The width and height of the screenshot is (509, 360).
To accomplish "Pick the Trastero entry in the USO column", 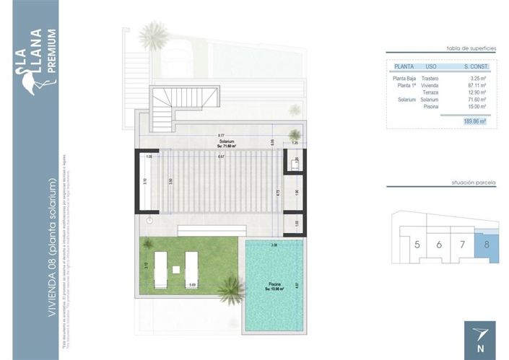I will pos(431,78).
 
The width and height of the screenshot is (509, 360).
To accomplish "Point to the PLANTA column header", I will pos(403,66).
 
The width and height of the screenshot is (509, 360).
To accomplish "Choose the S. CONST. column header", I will pos(476,66).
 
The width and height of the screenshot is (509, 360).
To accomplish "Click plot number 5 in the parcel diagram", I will pos(417,245).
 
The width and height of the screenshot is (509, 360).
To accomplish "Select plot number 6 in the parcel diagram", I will pos(438,245).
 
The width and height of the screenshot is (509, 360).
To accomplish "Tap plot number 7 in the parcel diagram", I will pos(462,245).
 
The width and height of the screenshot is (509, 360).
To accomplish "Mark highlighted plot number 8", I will pos(487,245).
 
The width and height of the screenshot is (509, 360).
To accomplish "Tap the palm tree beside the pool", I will pos(229,290).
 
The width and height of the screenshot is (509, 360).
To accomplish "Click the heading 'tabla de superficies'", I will pos(471,48).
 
